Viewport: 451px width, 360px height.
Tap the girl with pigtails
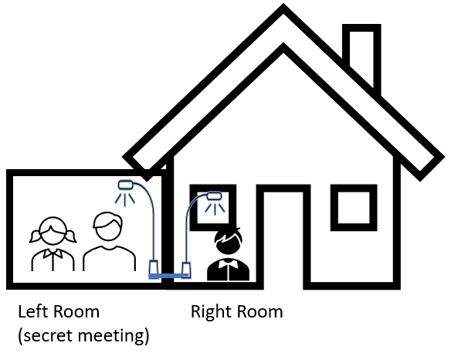point(53,244)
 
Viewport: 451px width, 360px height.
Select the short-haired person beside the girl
point(109,242)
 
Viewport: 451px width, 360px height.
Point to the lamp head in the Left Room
point(126,185)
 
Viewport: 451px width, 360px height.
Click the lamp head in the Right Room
point(214,196)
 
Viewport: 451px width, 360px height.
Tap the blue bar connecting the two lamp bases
point(169,276)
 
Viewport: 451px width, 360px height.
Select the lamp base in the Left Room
point(154,267)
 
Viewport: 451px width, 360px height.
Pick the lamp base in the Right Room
point(186,270)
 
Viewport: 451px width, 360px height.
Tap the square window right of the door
point(354,208)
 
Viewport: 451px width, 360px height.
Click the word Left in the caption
point(34,311)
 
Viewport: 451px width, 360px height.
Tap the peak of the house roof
point(283,5)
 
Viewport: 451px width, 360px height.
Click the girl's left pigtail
point(34,236)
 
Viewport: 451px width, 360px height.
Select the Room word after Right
point(260,312)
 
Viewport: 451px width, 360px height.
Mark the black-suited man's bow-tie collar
point(228,263)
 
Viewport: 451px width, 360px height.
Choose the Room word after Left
point(76,312)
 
